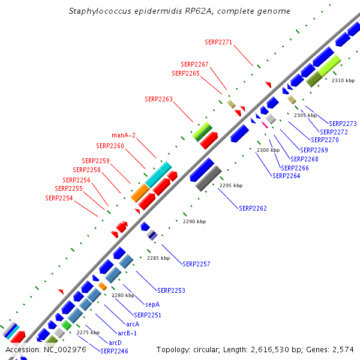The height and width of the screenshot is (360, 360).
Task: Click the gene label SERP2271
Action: click(218, 43)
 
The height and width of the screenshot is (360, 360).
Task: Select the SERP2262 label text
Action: click(253, 209)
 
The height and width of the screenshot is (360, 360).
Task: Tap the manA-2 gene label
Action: click(124, 135)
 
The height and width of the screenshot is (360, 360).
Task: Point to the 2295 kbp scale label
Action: click(230, 186)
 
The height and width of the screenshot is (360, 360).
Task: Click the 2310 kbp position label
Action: click(343, 80)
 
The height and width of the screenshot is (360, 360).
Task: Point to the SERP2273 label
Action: click(343, 124)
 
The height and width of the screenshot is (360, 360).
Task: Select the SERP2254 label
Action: click(59, 198)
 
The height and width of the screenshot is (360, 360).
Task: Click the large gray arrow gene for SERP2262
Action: click(209, 178)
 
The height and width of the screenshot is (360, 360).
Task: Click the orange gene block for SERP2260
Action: click(140, 193)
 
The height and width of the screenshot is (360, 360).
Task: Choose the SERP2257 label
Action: click(196, 264)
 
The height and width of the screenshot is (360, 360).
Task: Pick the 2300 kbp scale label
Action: click(268, 150)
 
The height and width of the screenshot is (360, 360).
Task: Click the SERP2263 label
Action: click(158, 99)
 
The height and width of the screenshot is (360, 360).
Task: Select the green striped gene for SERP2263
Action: click(202, 131)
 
